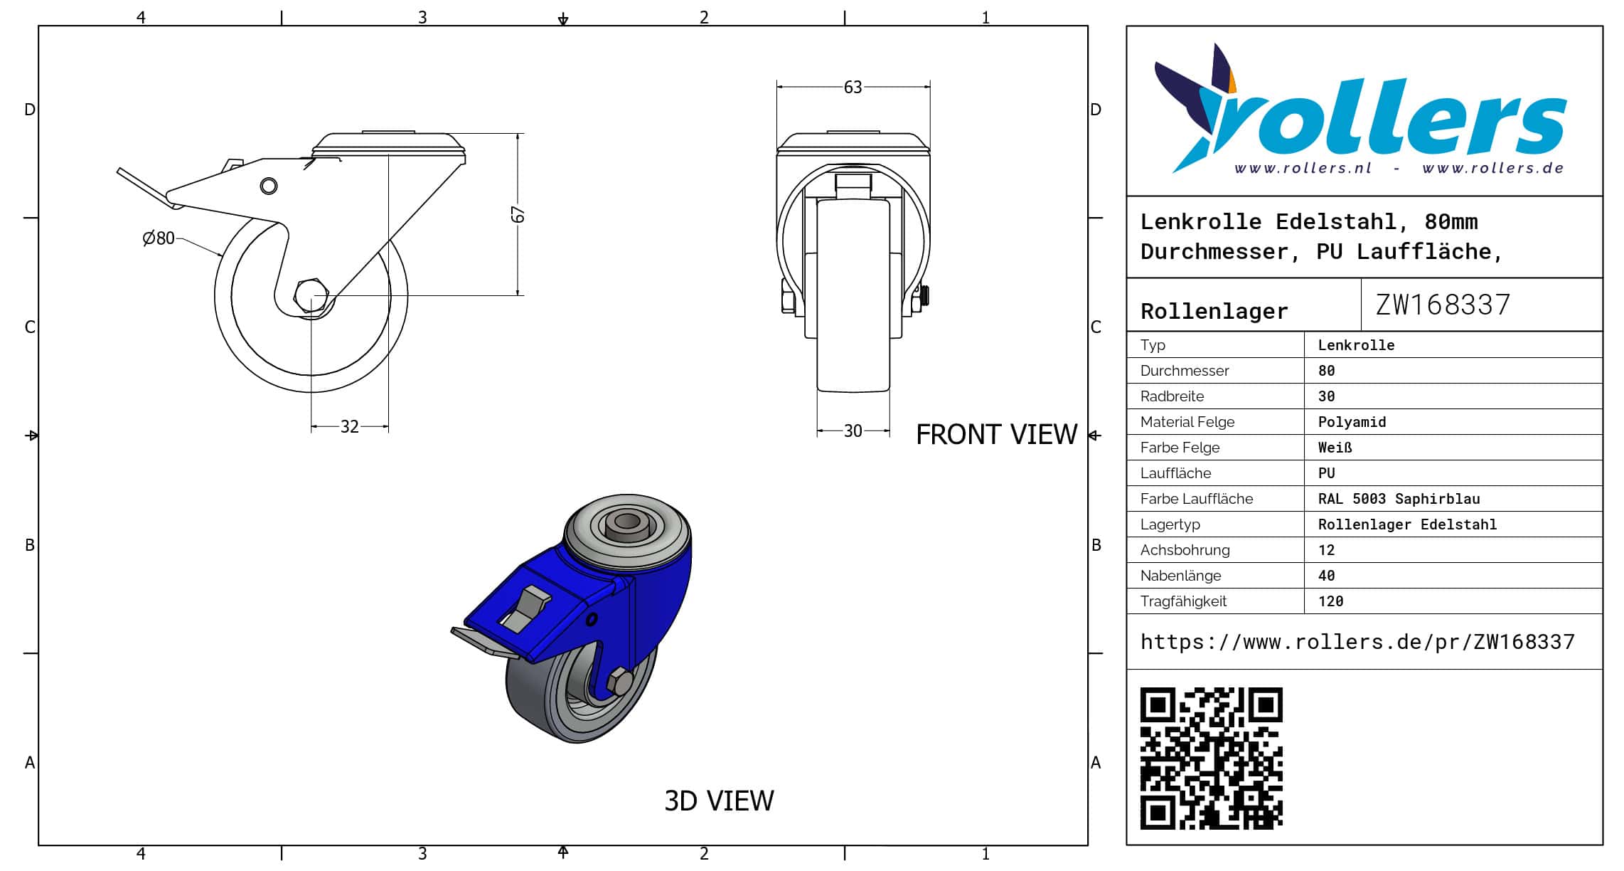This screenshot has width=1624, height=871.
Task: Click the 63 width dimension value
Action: (x=853, y=87)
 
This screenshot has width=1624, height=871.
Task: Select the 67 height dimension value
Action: (x=518, y=214)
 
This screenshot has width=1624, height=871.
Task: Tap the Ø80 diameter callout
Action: (x=159, y=238)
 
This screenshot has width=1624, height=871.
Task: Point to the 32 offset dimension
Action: (x=349, y=426)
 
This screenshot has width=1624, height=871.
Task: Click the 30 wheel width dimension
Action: (x=853, y=431)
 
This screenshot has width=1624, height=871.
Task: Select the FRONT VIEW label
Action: (x=996, y=435)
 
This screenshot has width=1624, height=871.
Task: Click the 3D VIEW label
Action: (x=719, y=801)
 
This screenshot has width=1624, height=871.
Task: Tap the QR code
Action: (x=1212, y=758)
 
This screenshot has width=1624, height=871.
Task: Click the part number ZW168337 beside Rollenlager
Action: (x=1443, y=305)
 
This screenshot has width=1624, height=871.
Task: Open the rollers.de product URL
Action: (x=1357, y=642)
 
